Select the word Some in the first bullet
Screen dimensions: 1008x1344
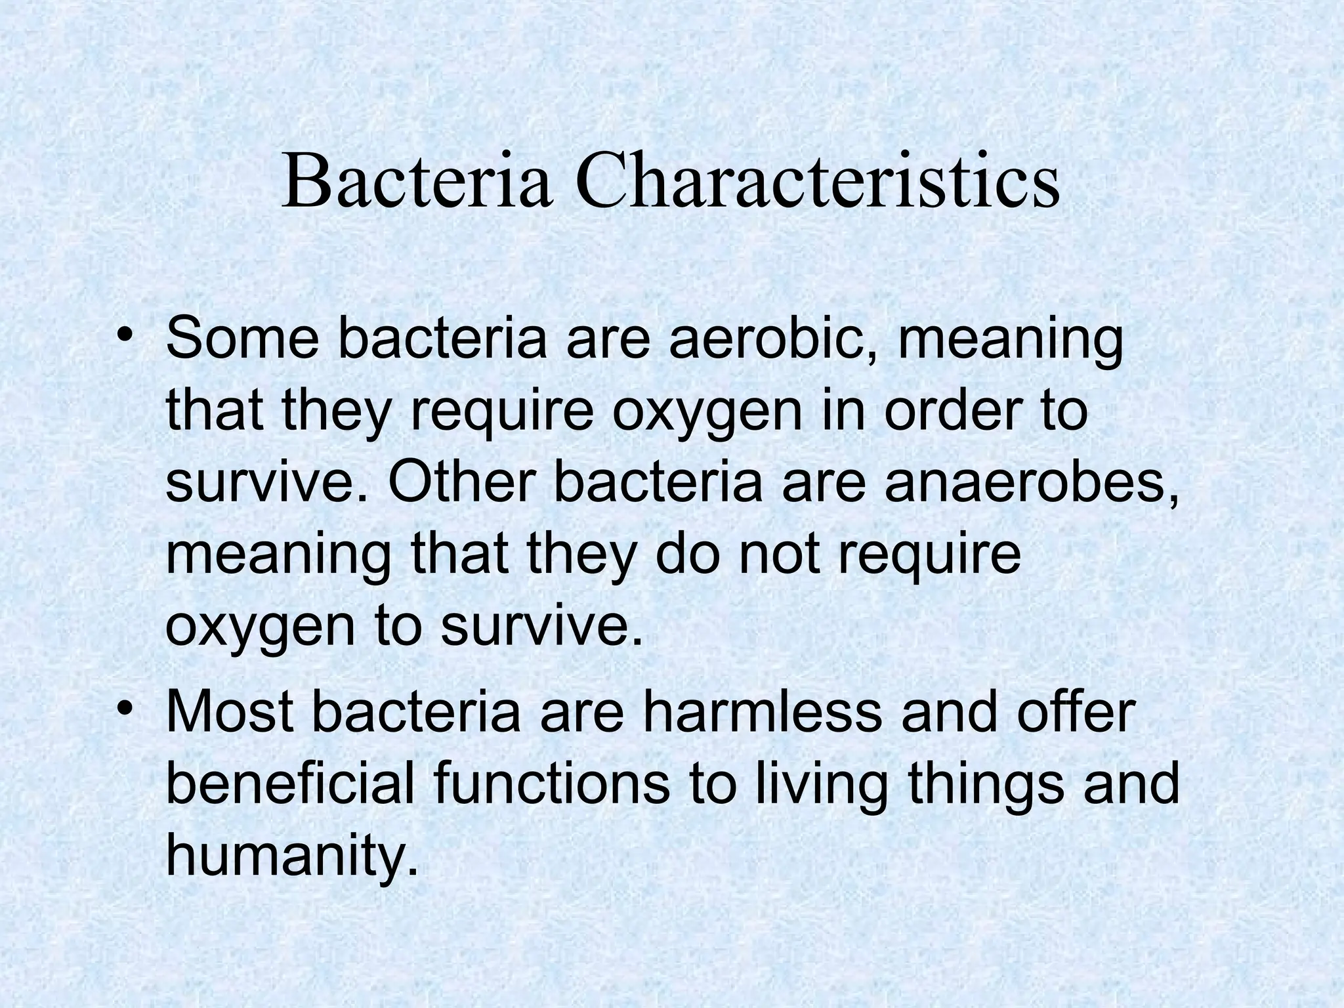(x=241, y=339)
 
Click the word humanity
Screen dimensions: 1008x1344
(x=291, y=856)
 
